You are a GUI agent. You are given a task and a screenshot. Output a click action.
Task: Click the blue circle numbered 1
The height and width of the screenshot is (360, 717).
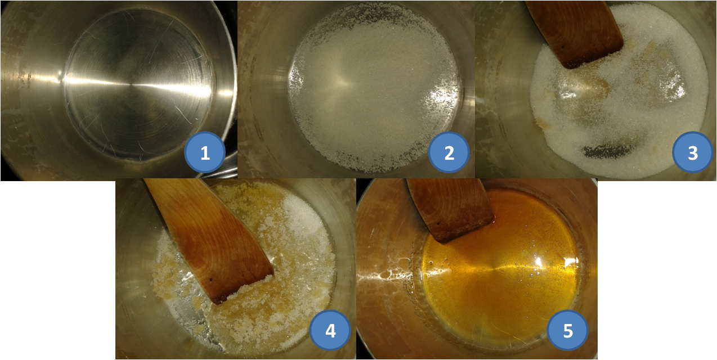coord(205,152)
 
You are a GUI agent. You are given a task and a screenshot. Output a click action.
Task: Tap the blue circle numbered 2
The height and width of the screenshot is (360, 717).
coord(449,152)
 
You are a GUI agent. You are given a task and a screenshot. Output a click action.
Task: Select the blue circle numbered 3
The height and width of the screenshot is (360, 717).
coord(693,152)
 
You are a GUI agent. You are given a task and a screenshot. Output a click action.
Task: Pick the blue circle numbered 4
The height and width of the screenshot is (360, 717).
coord(330,330)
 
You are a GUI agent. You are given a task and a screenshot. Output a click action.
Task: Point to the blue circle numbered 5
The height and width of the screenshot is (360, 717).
coord(568,330)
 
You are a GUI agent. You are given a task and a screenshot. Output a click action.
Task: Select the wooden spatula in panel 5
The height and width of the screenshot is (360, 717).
coord(450,208)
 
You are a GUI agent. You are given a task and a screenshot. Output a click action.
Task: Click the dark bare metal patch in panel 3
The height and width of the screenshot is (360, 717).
coord(605,151)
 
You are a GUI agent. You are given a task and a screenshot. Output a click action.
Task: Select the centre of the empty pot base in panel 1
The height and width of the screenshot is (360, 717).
coord(131,85)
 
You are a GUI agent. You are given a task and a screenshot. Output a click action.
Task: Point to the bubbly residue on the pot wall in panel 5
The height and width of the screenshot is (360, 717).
coord(384,276)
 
